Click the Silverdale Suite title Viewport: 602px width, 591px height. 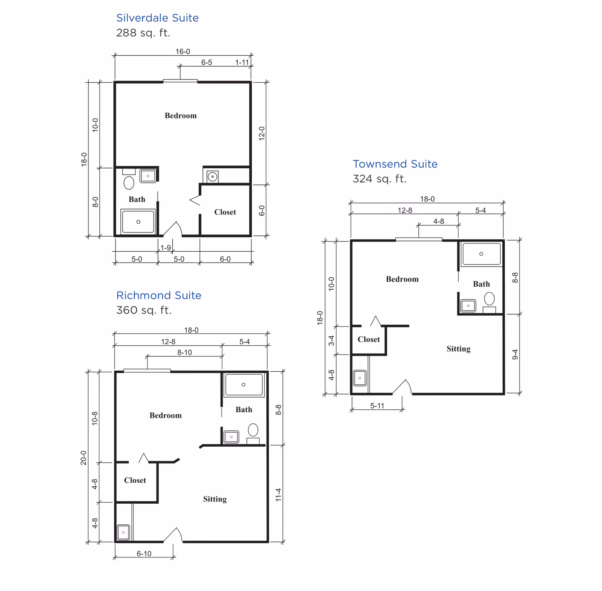[157, 18]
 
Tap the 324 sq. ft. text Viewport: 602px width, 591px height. [379, 179]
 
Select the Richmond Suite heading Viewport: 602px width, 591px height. [158, 295]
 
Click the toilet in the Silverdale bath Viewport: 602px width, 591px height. [129, 182]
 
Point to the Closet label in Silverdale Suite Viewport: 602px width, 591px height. [225, 212]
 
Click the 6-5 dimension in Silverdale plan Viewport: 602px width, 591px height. [207, 62]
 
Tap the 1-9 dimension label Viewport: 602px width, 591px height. [166, 248]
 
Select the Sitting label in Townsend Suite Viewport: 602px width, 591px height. [458, 349]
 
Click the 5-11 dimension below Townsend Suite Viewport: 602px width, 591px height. [377, 406]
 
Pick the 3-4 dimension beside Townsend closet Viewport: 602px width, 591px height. [331, 340]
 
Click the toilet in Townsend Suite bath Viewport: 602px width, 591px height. [489, 299]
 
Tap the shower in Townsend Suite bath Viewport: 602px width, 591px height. [481, 254]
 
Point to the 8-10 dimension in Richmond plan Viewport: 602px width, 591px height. [184, 352]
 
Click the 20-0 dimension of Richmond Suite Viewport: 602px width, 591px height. [83, 457]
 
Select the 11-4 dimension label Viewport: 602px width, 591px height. [278, 495]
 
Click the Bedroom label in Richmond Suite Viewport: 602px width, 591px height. [166, 415]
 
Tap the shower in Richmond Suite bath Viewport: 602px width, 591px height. [244, 384]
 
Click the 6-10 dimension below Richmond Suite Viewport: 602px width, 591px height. [144, 553]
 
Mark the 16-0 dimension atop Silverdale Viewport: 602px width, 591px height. [183, 52]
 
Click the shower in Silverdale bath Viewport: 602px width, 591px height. [138, 222]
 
